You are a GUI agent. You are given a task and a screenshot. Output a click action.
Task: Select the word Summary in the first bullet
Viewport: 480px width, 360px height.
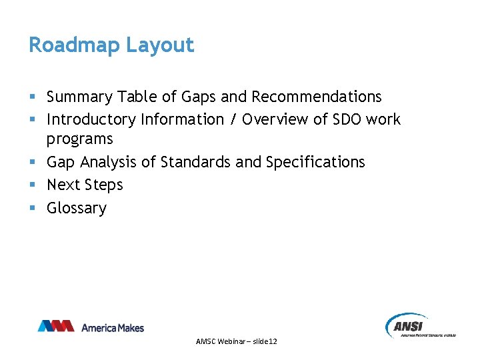pyautogui.click(x=79, y=97)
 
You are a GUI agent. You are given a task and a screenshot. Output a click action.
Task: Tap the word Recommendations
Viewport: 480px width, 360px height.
pyautogui.click(x=316, y=97)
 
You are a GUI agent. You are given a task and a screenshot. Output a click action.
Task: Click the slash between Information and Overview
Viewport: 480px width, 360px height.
pyautogui.click(x=233, y=120)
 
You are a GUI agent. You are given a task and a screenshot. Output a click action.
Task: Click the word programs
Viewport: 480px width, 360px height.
pyautogui.click(x=80, y=139)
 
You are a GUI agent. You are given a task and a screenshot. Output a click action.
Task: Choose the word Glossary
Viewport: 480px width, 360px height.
pyautogui.click(x=76, y=208)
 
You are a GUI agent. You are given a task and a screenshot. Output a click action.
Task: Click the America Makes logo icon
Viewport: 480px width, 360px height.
pyautogui.click(x=55, y=327)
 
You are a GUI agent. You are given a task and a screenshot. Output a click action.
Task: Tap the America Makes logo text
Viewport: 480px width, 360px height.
pyautogui.click(x=112, y=327)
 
